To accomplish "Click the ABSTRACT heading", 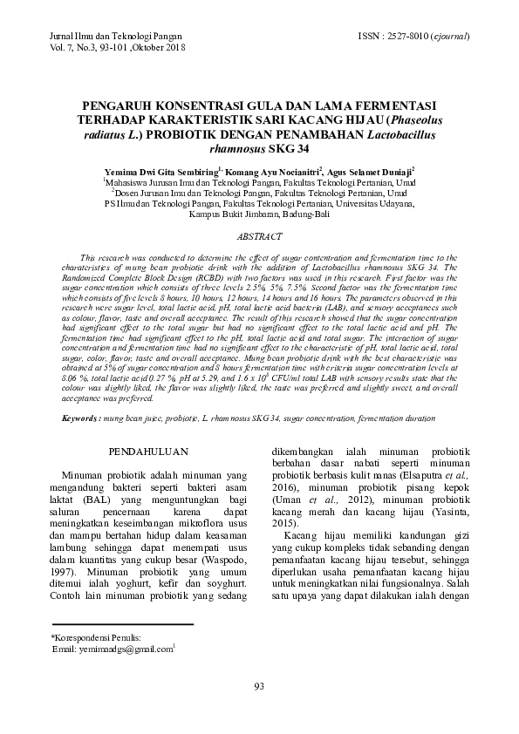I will pyautogui.click(x=259, y=237).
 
